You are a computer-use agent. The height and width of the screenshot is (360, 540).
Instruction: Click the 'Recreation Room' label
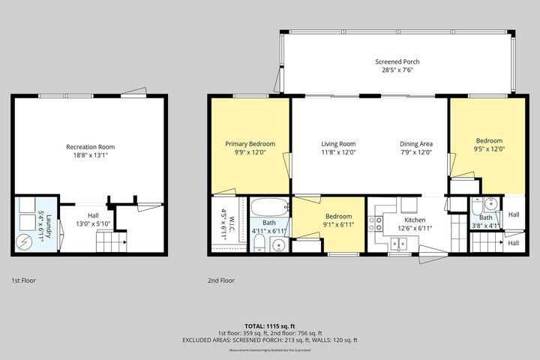pyautogui.click(x=91, y=146)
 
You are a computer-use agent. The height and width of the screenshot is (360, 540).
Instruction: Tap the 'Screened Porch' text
pyautogui.click(x=397, y=62)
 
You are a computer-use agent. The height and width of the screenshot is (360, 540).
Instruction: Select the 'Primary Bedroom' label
pyautogui.click(x=250, y=144)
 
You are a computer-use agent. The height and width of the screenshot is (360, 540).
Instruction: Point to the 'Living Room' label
pyautogui.click(x=338, y=144)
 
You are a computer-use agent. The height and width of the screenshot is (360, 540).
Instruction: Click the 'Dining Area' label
pyautogui.click(x=415, y=144)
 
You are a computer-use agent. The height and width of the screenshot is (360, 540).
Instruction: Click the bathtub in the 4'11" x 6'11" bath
pyautogui.click(x=268, y=208)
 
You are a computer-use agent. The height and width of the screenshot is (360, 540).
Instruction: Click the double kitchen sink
pyautogui.click(x=398, y=242)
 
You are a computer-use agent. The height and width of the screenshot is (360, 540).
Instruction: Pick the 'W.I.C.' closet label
pyautogui.click(x=223, y=217)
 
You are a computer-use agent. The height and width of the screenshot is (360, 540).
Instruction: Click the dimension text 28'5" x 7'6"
pyautogui.click(x=397, y=70)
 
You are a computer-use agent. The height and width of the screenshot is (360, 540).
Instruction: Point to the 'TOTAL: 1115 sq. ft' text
pyautogui.click(x=270, y=325)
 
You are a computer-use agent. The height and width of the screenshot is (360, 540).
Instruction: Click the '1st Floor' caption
pyautogui.click(x=23, y=280)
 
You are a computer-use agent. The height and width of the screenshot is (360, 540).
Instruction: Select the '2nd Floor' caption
pyautogui.click(x=221, y=280)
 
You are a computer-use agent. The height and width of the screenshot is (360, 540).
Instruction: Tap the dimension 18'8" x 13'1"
pyautogui.click(x=91, y=155)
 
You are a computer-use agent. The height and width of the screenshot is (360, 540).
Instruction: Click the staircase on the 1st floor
pyautogui.click(x=109, y=242)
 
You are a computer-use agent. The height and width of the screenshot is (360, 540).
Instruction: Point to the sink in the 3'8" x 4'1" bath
pyautogui.click(x=488, y=204)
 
